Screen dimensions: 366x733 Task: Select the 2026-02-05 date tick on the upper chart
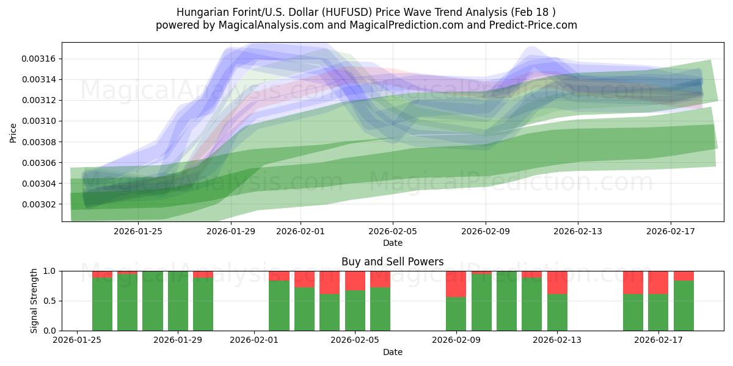[393, 231]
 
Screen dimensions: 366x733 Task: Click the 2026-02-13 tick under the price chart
[578, 231]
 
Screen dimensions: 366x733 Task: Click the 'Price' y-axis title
[13, 133]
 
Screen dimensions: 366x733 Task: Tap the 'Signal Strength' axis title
[34, 301]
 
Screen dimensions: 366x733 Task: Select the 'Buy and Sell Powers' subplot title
[392, 262]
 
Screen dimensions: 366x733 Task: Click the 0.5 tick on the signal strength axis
[50, 301]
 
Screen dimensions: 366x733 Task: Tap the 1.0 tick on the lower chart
[50, 271]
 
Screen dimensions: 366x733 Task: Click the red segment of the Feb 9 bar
[456, 284]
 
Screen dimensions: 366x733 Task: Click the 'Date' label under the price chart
[392, 243]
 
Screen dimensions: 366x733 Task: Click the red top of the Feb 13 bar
[557, 282]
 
